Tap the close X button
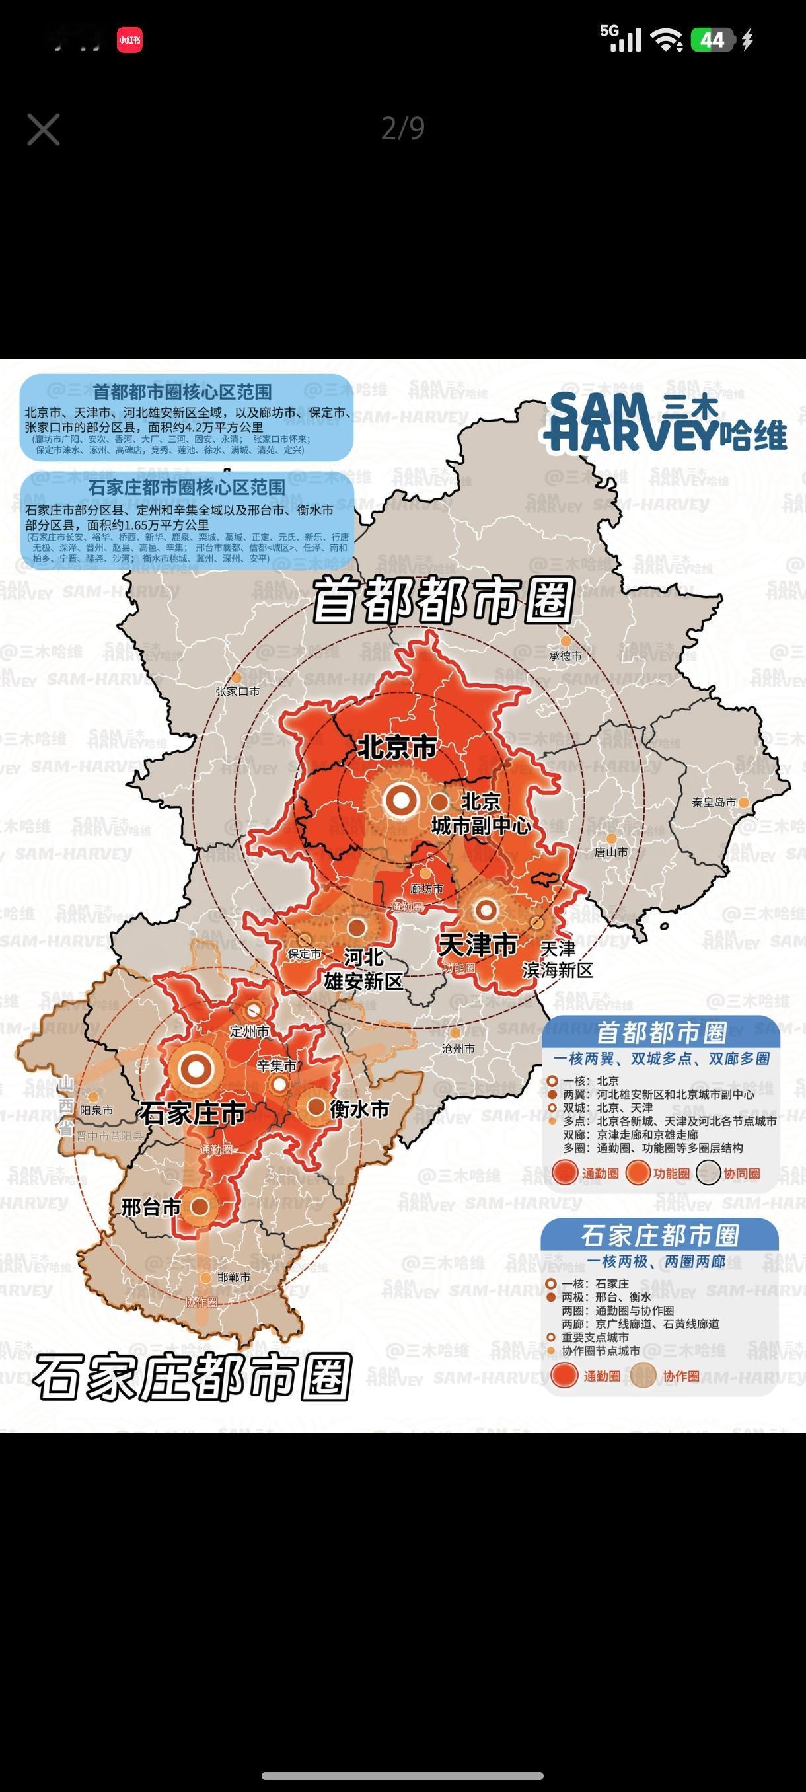click(43, 130)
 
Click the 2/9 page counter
click(402, 129)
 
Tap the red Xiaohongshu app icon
click(129, 40)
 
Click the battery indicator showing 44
click(712, 40)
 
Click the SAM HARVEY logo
click(665, 422)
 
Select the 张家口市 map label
click(237, 691)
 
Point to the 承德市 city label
click(565, 655)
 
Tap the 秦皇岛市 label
click(714, 802)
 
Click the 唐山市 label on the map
click(610, 852)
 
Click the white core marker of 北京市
click(400, 800)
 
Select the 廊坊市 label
click(426, 888)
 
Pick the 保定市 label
click(304, 953)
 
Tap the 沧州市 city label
click(458, 1048)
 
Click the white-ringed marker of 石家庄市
click(197, 1068)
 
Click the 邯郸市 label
click(233, 1277)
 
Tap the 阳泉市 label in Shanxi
click(96, 1110)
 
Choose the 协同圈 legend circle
click(708, 1174)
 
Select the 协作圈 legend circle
click(643, 1375)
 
